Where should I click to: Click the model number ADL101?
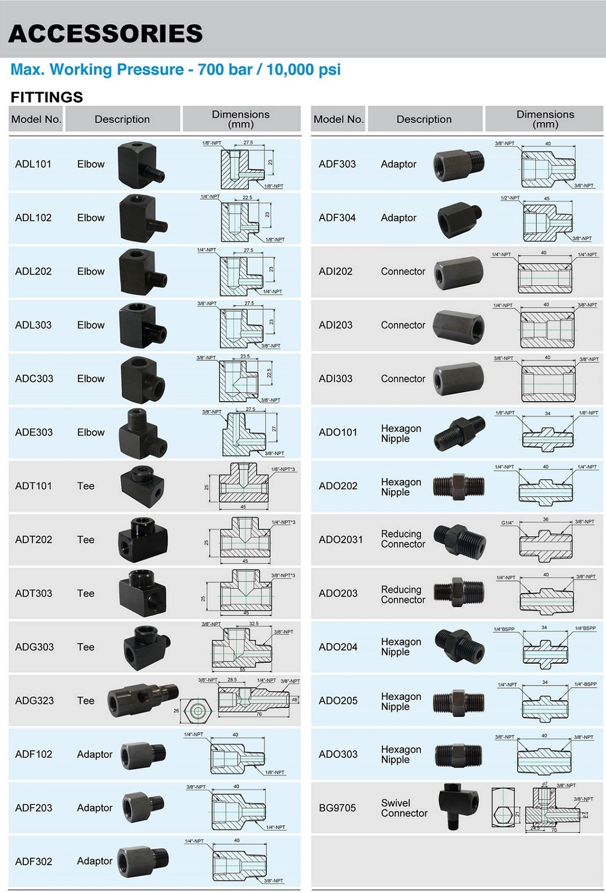(33, 164)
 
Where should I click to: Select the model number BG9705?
(337, 808)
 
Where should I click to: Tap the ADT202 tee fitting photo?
(142, 539)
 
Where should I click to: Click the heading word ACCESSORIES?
(106, 33)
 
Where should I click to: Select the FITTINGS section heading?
(46, 97)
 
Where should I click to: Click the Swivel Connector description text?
(404, 808)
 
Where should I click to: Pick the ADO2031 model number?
(341, 539)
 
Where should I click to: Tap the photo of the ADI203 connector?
(458, 325)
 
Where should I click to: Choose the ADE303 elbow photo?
(143, 433)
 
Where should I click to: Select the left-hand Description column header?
(122, 119)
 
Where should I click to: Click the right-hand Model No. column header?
(338, 119)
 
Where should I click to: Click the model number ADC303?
(34, 378)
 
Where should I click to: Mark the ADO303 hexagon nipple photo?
(459, 754)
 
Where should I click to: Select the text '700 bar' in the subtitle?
(225, 69)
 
